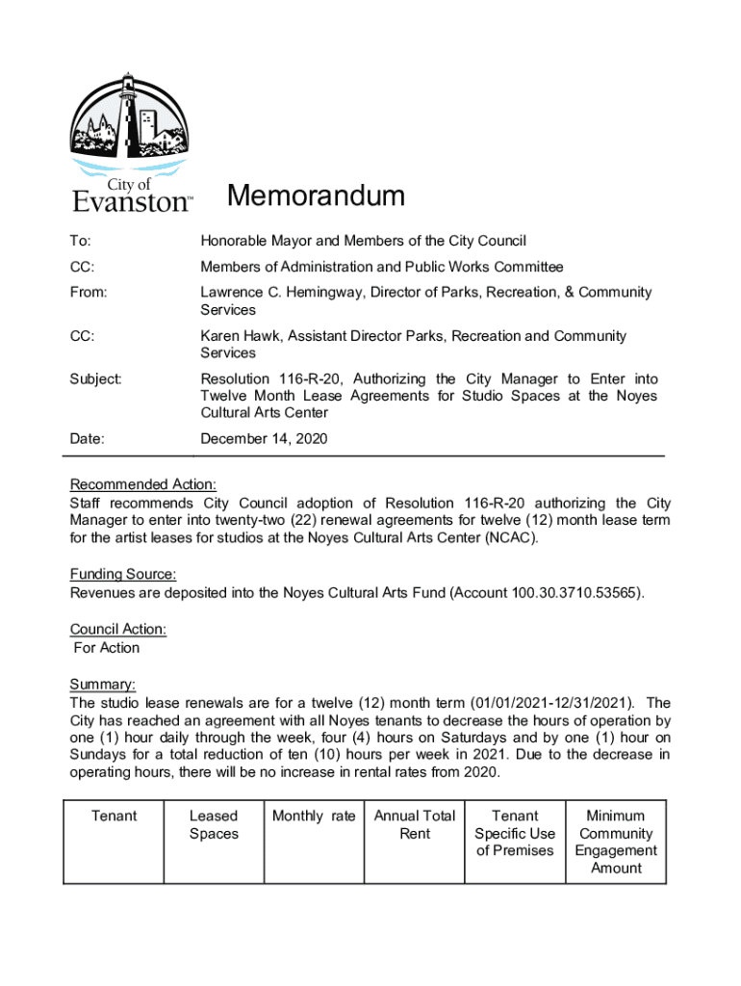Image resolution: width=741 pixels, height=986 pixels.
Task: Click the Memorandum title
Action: coord(316,196)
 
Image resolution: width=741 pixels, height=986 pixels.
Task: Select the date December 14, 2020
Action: coord(264,439)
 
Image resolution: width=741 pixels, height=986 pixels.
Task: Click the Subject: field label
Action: coord(94,379)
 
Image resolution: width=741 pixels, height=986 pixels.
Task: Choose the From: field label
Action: coord(88,292)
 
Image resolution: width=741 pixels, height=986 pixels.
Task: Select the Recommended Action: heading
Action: coord(142,484)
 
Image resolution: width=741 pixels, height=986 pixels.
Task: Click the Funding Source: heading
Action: coord(122,575)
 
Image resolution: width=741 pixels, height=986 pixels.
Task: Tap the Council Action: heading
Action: coord(117,629)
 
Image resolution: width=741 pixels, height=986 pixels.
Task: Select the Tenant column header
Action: coord(115,816)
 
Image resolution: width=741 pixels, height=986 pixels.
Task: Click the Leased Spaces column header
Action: coord(214,824)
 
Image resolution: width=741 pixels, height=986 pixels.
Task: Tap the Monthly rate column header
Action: coord(314,816)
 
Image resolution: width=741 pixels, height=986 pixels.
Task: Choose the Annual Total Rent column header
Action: coord(415,824)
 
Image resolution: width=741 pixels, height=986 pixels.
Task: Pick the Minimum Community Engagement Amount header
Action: coord(616,842)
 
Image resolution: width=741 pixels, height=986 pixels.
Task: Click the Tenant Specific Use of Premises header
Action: coord(515,833)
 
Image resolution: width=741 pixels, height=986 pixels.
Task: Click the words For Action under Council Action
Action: coord(107,647)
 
